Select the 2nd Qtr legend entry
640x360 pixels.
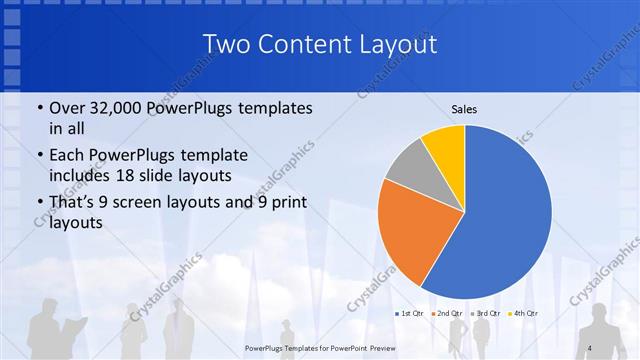(x=447, y=314)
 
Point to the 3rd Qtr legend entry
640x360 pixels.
(x=485, y=314)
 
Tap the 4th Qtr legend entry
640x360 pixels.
(x=523, y=314)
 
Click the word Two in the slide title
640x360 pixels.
(x=226, y=45)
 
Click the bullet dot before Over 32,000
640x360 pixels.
(x=39, y=108)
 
